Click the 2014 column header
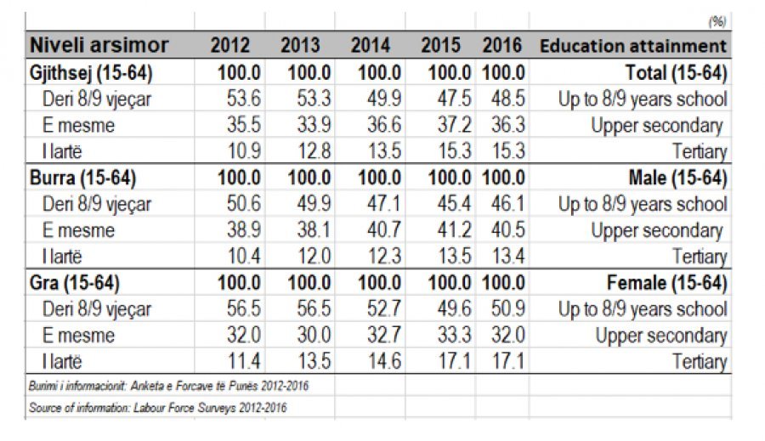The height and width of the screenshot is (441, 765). pos(371,46)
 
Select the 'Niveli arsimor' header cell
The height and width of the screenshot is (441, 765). pos(100,46)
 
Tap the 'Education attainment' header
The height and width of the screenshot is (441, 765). pos(633,46)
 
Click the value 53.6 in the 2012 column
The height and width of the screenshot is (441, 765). pos(243,99)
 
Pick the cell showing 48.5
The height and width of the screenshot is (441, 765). pos(507,99)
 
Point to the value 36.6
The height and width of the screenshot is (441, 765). pos(382,125)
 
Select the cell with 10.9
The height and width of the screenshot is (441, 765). pos(243,151)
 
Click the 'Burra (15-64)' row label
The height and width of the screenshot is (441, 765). pos(83,178)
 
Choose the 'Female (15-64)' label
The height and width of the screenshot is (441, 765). pos(668,283)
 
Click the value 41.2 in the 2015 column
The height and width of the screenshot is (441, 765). pos(452,230)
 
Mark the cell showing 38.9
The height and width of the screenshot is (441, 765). pos(243,230)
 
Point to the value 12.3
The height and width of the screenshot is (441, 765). pos(382,257)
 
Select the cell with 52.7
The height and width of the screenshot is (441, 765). pos(382,309)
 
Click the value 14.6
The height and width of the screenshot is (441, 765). pos(382,362)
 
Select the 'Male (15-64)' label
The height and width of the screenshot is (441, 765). pos(677,178)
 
